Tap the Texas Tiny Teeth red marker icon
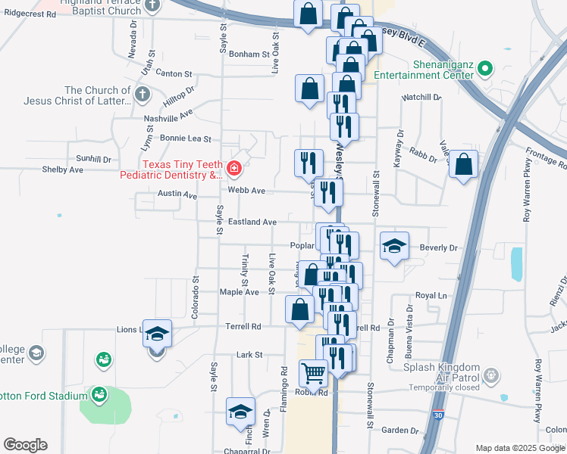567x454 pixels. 234,167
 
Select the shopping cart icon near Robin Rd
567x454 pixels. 313,372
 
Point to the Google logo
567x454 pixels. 25,445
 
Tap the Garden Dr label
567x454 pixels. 400,430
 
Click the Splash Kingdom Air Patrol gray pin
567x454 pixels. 492,375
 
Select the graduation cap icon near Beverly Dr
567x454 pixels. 394,245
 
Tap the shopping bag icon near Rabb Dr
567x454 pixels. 463,164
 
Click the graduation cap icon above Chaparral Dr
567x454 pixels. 240,412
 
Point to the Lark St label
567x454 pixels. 249,354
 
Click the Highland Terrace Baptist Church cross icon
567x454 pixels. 152,4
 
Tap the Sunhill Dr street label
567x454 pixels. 93,160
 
